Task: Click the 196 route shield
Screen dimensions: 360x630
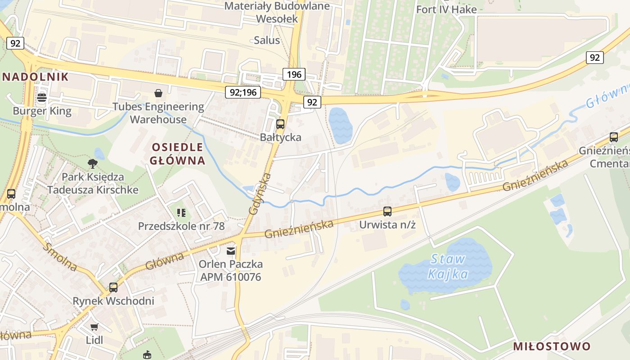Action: tap(294, 74)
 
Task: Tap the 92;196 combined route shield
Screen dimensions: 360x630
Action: tap(243, 93)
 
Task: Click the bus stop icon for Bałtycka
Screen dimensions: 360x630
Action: tap(280, 124)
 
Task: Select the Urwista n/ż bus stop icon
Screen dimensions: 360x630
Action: tap(387, 211)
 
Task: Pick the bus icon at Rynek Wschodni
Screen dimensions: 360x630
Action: tap(113, 288)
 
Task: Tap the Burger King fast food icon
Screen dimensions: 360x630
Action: tap(42, 97)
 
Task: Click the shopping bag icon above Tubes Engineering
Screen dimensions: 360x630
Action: tap(158, 93)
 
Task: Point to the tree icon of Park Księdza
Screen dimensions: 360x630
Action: tap(93, 163)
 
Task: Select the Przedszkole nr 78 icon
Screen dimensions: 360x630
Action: tap(181, 212)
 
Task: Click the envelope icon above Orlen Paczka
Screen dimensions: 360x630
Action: tap(231, 251)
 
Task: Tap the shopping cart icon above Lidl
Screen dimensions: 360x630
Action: tap(94, 327)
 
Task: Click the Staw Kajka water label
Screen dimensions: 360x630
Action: tap(448, 266)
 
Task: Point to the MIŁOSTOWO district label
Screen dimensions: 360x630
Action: tap(552, 346)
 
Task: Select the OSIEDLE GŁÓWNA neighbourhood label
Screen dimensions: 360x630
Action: tap(178, 153)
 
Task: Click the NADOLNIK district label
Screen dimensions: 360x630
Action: tap(35, 76)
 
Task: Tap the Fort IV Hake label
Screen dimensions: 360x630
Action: tap(446, 9)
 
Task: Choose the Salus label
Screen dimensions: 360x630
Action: tap(267, 40)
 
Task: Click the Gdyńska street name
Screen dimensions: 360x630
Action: tap(260, 193)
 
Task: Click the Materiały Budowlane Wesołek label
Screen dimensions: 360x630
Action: tap(277, 12)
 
